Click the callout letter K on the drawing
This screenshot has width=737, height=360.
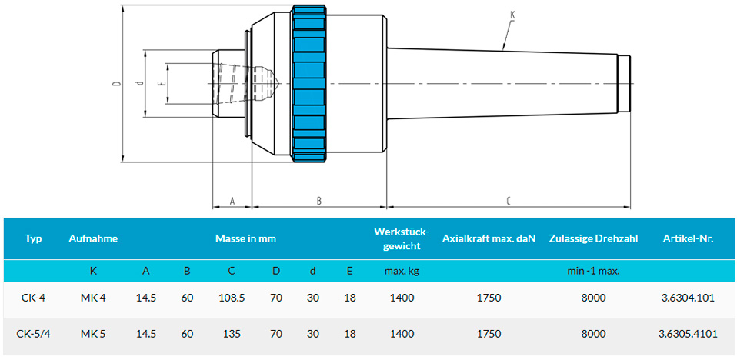point(512,15)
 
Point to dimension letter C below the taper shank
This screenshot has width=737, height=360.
point(508,202)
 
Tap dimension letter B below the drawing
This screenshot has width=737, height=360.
point(318,202)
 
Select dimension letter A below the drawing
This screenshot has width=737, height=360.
point(232,202)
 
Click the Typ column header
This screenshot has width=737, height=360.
point(33,238)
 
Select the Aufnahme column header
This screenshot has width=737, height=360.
point(93,238)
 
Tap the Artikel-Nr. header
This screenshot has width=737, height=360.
point(688,238)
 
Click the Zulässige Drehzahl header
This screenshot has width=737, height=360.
point(594,238)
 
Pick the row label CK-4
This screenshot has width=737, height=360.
point(32,298)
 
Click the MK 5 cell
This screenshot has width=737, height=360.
point(93,334)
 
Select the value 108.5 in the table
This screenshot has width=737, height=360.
point(232,298)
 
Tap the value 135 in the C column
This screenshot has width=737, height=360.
point(232,334)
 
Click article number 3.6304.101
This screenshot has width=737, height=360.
point(688,298)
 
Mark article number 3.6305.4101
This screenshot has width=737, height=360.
point(688,334)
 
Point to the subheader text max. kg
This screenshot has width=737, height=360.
point(402,271)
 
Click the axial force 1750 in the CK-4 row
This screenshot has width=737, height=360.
point(489,298)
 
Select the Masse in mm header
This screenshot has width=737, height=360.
point(245,238)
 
